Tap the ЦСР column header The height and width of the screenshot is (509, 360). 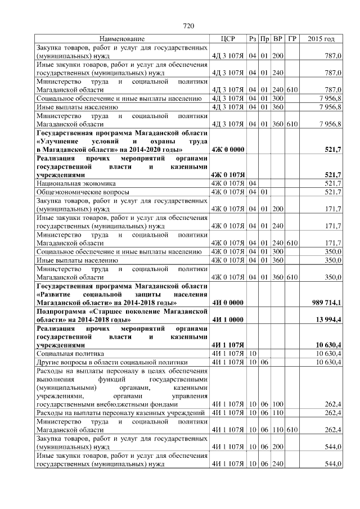(228, 39)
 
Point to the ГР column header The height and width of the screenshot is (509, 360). (292, 39)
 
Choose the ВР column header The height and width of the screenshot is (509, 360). (278, 39)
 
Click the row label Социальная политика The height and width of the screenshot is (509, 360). (67, 353)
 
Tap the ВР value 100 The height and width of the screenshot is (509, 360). (278, 404)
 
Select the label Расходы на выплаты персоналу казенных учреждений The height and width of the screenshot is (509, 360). (119, 413)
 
